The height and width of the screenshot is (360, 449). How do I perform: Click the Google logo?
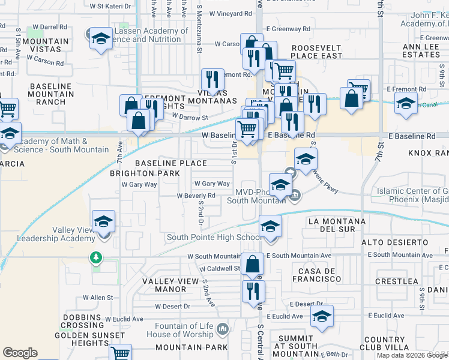(20, 353)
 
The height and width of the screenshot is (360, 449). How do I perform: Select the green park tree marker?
(95, 257)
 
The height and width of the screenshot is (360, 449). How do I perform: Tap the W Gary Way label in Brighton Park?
(139, 185)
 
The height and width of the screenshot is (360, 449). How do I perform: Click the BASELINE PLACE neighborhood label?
(170, 163)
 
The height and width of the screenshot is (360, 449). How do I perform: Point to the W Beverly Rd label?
(196, 196)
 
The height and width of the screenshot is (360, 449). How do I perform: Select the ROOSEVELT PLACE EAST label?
(316, 52)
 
